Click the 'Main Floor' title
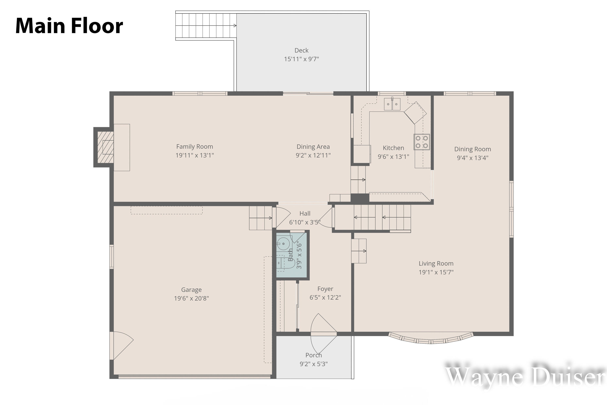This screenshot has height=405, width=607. tap(69, 26)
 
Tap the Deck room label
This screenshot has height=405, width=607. tap(301, 50)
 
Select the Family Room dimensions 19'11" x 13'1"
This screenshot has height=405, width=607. tap(195, 155)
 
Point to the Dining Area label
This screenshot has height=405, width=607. tap(313, 147)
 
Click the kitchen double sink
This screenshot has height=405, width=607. tap(392, 104)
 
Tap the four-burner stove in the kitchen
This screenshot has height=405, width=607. tap(422, 142)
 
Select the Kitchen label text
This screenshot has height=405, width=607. tap(393, 148)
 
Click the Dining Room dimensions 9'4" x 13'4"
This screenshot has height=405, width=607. tap(472, 158)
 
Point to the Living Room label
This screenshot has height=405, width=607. tap(436, 263)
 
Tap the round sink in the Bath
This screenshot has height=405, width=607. tap(283, 244)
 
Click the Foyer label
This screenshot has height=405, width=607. tap(325, 289)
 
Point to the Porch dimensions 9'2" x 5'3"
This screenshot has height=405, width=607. tap(314, 364)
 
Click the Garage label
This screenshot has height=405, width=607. tap(191, 290)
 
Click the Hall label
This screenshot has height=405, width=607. tap(305, 214)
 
